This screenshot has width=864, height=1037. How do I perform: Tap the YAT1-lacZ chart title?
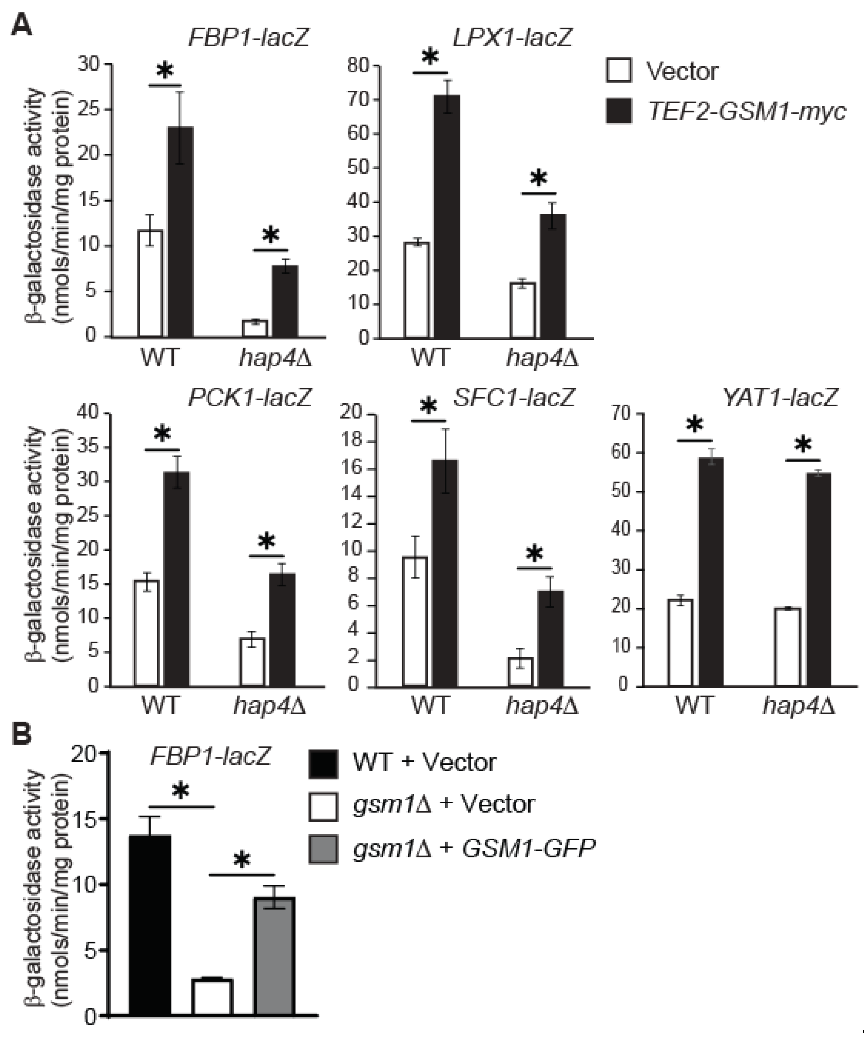click(x=780, y=397)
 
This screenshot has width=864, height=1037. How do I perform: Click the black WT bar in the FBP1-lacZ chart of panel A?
click(x=180, y=232)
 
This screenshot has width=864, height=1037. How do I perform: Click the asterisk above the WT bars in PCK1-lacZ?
click(x=162, y=434)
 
